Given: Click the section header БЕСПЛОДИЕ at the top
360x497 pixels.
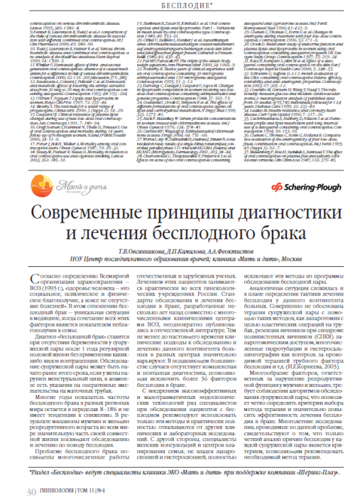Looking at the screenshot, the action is pos(180,6).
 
